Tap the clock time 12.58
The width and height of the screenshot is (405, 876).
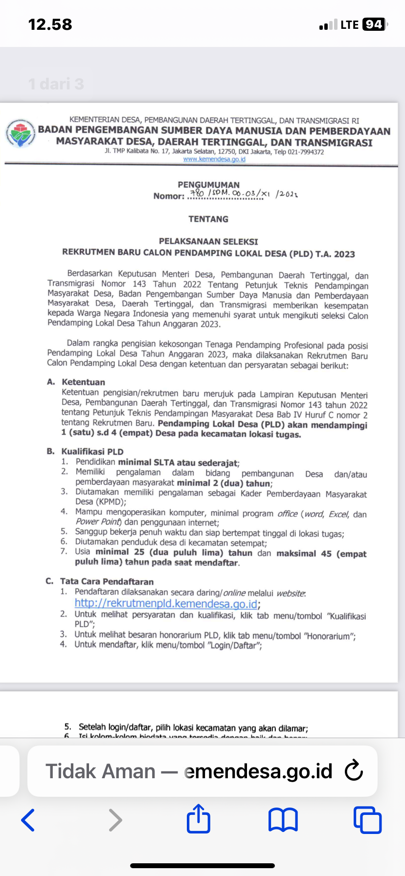pyautogui.click(x=50, y=24)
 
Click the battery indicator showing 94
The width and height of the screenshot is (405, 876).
pyautogui.click(x=374, y=24)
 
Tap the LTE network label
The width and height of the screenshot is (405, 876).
pyautogui.click(x=349, y=24)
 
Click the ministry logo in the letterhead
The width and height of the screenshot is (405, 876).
pyautogui.click(x=20, y=132)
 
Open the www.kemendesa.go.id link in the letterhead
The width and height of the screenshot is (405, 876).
pyautogui.click(x=214, y=159)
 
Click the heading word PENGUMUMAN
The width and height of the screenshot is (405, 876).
pyautogui.click(x=208, y=185)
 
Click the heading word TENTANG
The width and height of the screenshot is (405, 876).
pyautogui.click(x=208, y=219)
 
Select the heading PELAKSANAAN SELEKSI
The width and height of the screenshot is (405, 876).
pyautogui.click(x=208, y=241)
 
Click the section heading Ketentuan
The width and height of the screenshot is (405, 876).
pyautogui.click(x=83, y=382)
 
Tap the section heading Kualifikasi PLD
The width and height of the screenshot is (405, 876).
pyautogui.click(x=92, y=452)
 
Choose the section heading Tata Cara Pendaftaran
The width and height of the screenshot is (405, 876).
pyautogui.click(x=107, y=582)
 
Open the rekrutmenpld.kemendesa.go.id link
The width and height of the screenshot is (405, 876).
pyautogui.click(x=166, y=604)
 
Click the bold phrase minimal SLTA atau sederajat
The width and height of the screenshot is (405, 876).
pyautogui.click(x=178, y=462)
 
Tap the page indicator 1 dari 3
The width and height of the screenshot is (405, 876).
pyautogui.click(x=56, y=84)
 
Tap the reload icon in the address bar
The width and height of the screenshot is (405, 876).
pyautogui.click(x=354, y=771)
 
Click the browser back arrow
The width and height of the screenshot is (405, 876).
pyautogui.click(x=28, y=820)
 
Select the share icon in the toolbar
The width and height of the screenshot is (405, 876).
pyautogui.click(x=199, y=819)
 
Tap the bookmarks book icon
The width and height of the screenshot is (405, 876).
pyautogui.click(x=283, y=820)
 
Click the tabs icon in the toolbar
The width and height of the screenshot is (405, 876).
pyautogui.click(x=367, y=820)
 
